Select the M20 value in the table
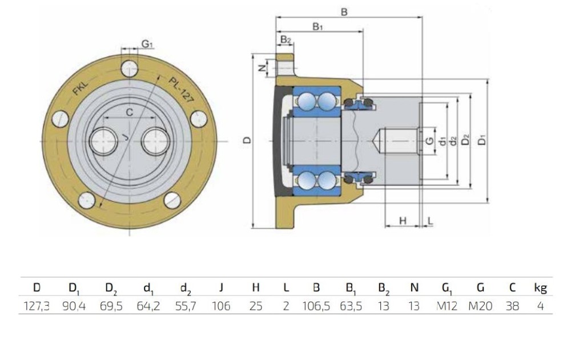click(x=480, y=306)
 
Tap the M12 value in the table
click(x=448, y=306)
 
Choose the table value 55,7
click(x=184, y=306)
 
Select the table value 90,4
click(x=75, y=306)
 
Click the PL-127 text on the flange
click(x=181, y=88)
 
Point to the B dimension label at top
click(x=344, y=11)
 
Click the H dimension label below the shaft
click(x=402, y=220)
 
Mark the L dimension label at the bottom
click(x=430, y=220)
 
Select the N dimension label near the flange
click(x=262, y=68)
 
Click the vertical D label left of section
click(x=247, y=140)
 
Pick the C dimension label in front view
click(x=130, y=112)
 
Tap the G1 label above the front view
click(x=147, y=44)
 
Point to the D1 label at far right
click(x=483, y=140)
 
